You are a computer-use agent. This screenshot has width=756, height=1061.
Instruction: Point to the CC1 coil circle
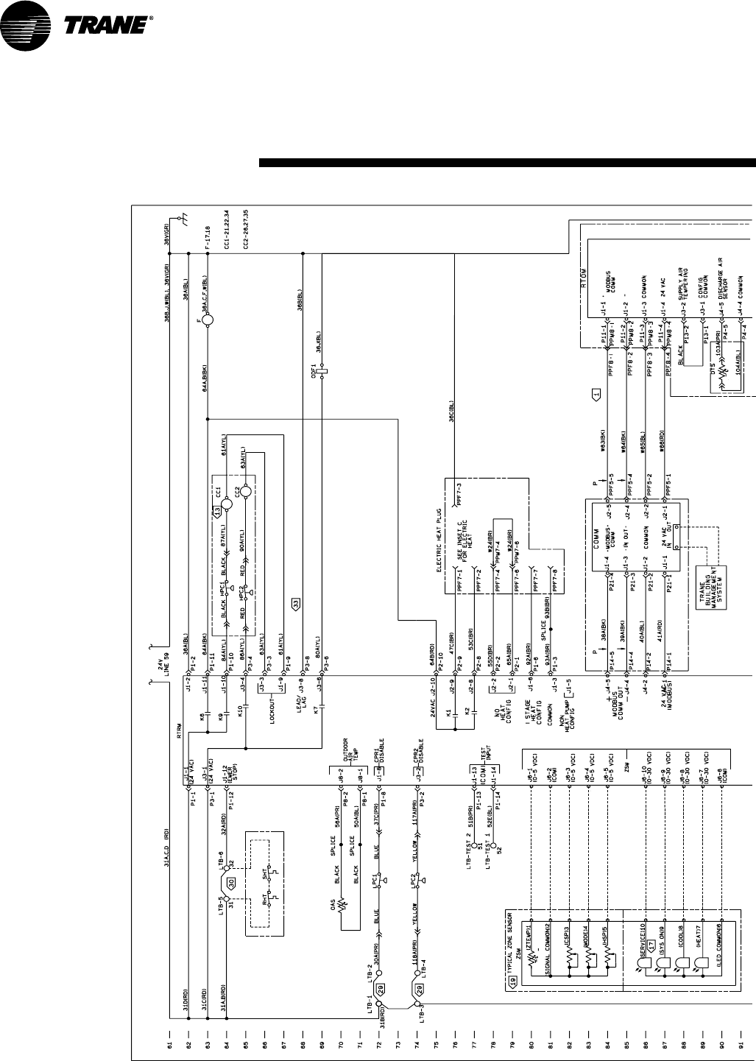pos(228,504)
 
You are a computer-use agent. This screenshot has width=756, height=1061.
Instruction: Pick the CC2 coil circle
pos(247,492)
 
